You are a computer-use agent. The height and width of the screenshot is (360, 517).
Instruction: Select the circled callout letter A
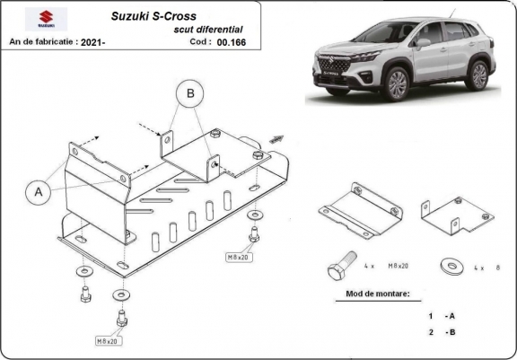coord(39,190)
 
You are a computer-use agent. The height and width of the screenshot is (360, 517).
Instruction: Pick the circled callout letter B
coord(189,92)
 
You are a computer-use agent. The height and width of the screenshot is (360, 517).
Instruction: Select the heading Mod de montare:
coord(378,294)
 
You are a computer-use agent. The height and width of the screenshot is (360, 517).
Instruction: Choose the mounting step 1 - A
coord(440,316)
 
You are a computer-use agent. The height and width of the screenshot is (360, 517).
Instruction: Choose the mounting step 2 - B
coord(440,333)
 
